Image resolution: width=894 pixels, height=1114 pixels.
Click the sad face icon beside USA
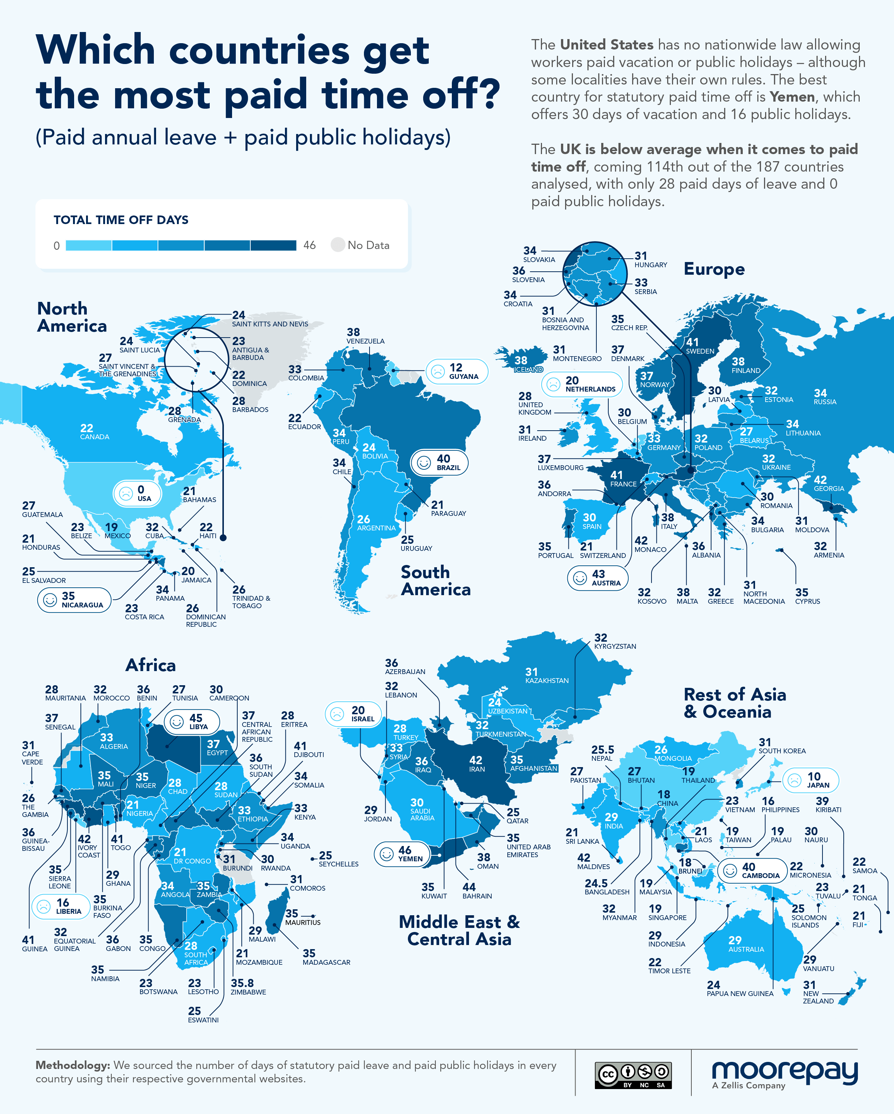(126, 494)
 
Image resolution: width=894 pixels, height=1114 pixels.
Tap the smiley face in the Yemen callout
(387, 854)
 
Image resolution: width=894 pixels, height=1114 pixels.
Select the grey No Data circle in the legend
(337, 245)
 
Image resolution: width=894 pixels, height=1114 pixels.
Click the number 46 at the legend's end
(309, 245)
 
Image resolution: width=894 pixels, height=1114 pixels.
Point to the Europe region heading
(714, 269)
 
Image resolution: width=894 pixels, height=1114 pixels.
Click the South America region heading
(435, 580)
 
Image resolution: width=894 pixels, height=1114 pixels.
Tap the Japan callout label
(810, 780)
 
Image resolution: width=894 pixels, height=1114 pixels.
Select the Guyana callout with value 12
(457, 371)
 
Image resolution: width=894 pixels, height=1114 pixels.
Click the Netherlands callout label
(582, 384)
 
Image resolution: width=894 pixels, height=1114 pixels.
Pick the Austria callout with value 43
(598, 578)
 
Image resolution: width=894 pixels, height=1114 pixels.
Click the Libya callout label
(192, 722)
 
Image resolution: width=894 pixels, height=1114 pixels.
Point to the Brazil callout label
(440, 462)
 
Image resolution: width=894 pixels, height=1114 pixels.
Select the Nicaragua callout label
(74, 600)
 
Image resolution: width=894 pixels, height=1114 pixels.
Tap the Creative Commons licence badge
(633, 1075)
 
